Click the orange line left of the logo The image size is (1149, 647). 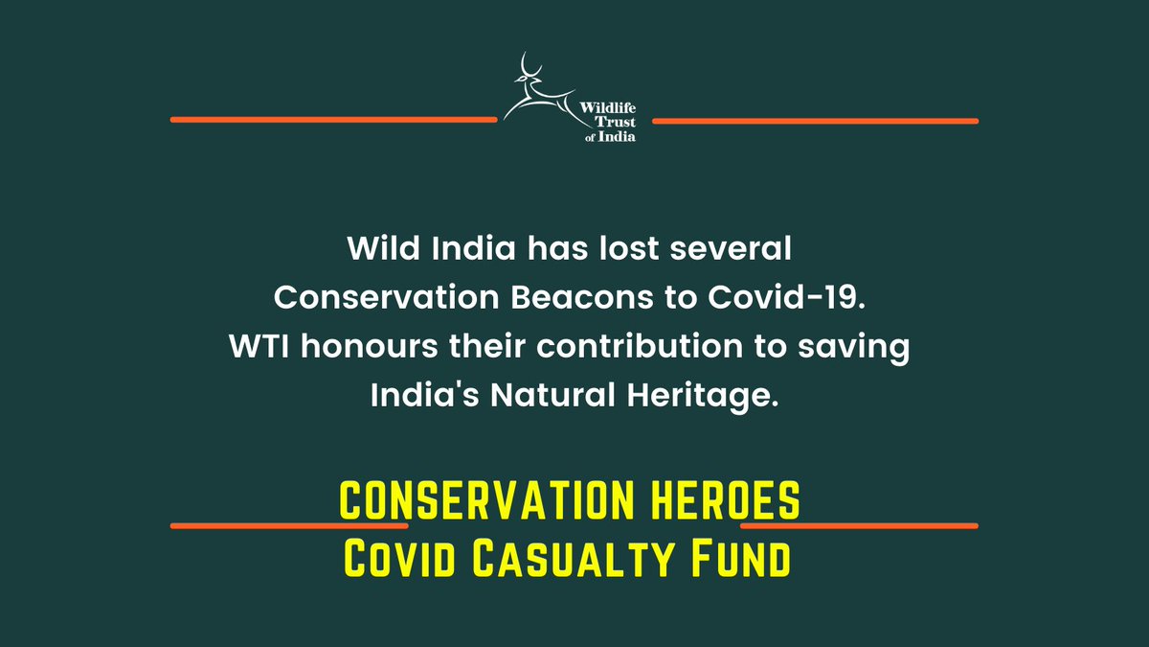pyautogui.click(x=333, y=120)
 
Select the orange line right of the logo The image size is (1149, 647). pyautogui.click(x=814, y=121)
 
